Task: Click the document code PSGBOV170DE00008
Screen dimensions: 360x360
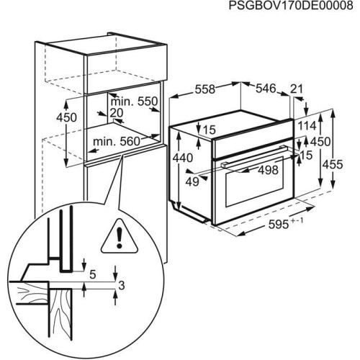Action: [x=292, y=6]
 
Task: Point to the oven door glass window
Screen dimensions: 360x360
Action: [x=252, y=189]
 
